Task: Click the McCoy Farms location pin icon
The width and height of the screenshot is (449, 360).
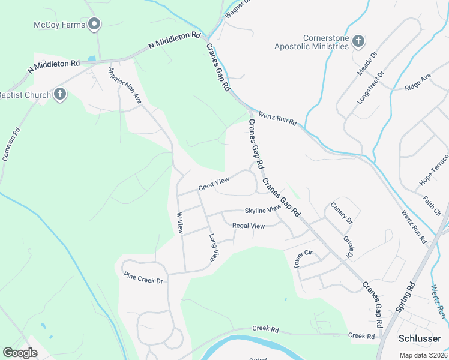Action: (x=94, y=24)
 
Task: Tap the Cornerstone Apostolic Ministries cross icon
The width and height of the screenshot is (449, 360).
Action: (x=358, y=41)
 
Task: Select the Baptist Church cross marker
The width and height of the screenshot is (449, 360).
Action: (x=59, y=94)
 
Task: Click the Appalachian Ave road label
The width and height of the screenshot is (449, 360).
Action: (x=124, y=86)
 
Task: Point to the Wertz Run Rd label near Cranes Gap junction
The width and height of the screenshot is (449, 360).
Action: (x=277, y=118)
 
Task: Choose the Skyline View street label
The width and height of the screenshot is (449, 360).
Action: (x=262, y=210)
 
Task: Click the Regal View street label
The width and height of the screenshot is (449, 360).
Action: (x=248, y=226)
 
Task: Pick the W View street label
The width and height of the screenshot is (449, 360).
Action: (x=179, y=222)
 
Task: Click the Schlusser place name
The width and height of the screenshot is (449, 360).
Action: (x=420, y=338)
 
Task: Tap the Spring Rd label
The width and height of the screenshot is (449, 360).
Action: (x=405, y=297)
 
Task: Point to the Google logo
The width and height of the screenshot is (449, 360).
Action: (x=20, y=353)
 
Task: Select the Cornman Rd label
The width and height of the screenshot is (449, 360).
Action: (x=11, y=146)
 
